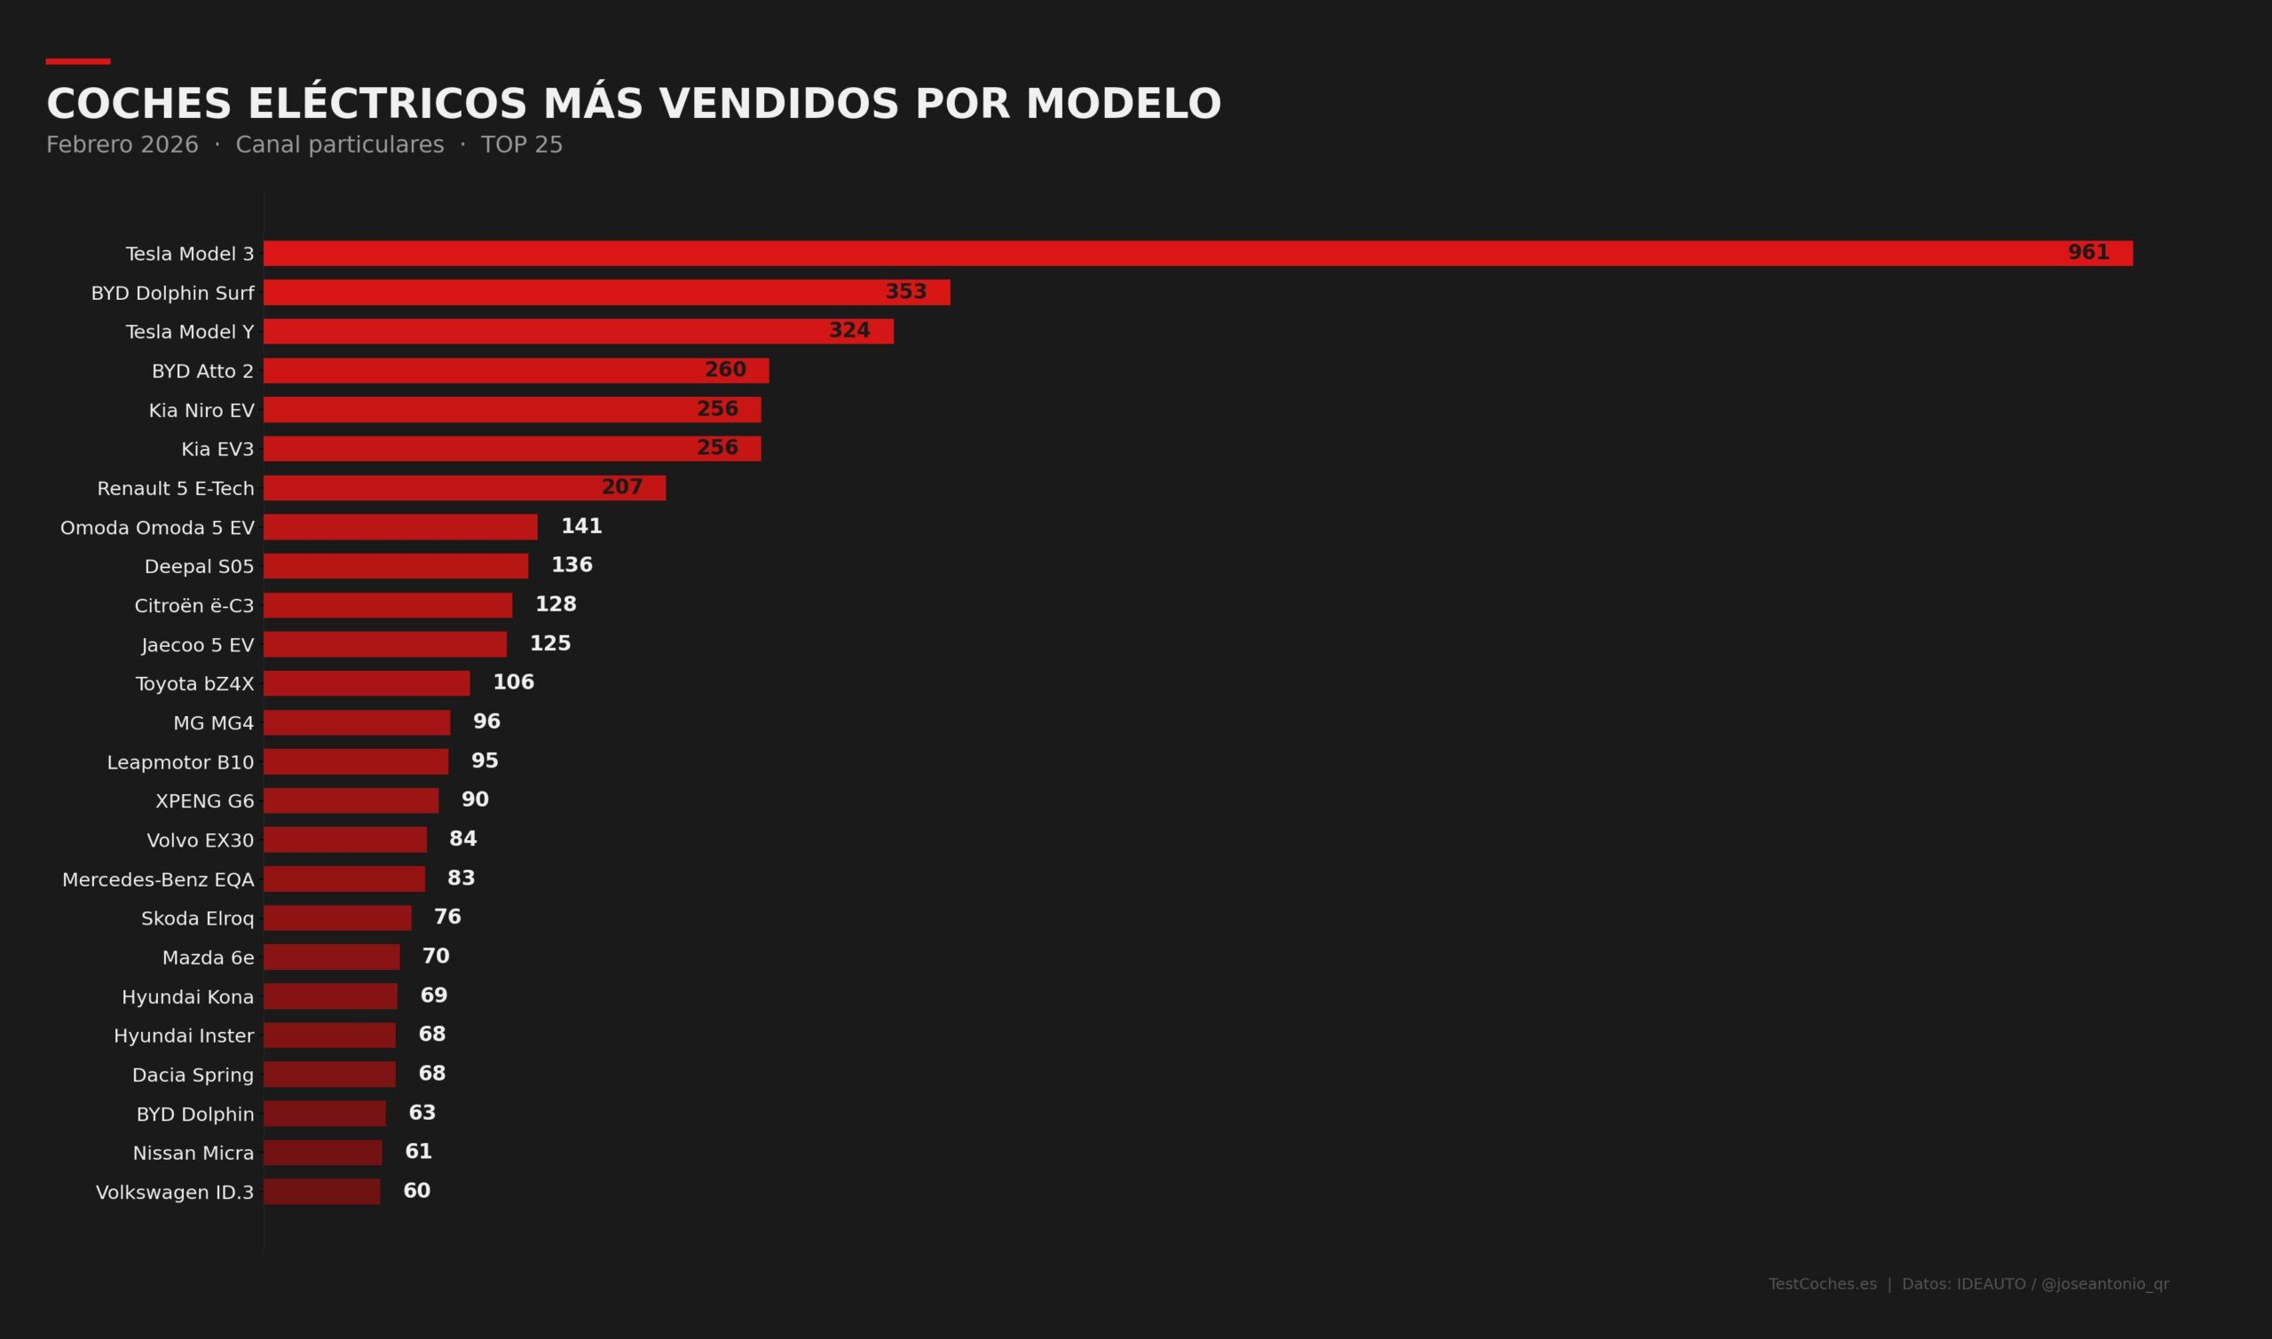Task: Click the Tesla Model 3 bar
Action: coord(1197,254)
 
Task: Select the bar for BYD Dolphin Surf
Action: coord(606,292)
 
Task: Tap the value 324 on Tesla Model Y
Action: coord(849,331)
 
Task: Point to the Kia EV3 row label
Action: coord(217,449)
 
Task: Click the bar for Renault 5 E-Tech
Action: coord(464,488)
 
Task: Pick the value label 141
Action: coord(581,526)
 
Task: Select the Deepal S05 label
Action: coord(200,567)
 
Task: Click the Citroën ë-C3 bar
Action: coord(387,605)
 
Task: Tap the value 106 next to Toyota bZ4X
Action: coord(513,682)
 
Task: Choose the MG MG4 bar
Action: coord(357,722)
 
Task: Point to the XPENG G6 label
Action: coord(205,801)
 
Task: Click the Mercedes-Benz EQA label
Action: coord(158,879)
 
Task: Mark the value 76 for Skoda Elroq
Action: coord(447,917)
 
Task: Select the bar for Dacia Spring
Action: coord(329,1075)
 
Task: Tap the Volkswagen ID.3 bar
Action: coord(321,1192)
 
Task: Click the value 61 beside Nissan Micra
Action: coord(419,1151)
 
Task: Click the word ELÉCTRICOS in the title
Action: coord(387,104)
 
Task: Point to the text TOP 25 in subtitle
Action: coord(522,146)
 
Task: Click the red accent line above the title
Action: coord(77,61)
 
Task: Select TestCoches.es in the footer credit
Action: coord(1822,1284)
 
